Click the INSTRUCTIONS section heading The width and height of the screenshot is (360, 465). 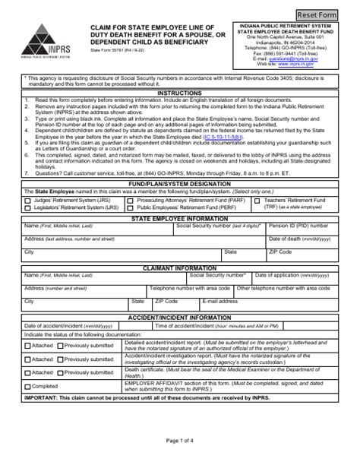179,93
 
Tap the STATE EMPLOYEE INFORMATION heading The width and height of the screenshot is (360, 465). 179,217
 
